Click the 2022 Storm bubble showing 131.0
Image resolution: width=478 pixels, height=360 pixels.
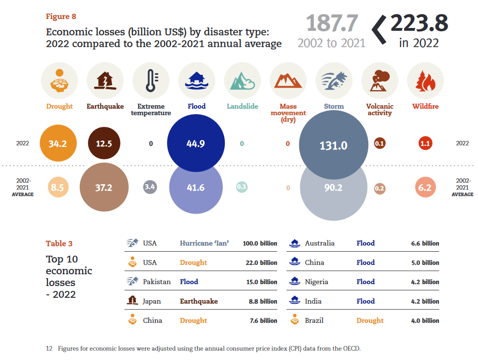point(334,145)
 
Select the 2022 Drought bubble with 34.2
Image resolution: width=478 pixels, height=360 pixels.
point(58,144)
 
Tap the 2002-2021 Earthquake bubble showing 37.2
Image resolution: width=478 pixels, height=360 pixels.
point(104,187)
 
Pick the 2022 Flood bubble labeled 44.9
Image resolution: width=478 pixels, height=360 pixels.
point(196,144)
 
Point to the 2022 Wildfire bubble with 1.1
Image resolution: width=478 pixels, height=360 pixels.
point(425,144)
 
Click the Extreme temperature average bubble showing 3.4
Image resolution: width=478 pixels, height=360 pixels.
point(150,187)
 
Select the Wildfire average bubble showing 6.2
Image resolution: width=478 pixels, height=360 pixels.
point(425,187)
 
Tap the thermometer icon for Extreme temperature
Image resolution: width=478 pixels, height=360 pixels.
point(150,81)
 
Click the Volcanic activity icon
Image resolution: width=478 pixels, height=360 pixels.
point(380,81)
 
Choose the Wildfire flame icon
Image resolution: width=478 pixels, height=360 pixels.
point(425,81)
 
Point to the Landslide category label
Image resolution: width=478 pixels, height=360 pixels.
point(242,106)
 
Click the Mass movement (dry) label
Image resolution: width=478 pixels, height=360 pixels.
point(288,113)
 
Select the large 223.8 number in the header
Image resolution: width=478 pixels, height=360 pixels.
point(419,24)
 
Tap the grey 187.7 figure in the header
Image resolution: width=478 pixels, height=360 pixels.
point(332,24)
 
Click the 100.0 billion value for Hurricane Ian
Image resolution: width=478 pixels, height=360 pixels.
point(260,243)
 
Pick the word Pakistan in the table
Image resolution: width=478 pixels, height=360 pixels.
point(157,282)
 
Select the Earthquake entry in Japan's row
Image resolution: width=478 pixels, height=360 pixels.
point(198,301)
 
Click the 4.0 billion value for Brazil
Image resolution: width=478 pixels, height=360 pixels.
point(425,320)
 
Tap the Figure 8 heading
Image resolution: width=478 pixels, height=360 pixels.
point(61,17)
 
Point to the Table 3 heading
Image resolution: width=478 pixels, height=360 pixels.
point(59,243)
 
